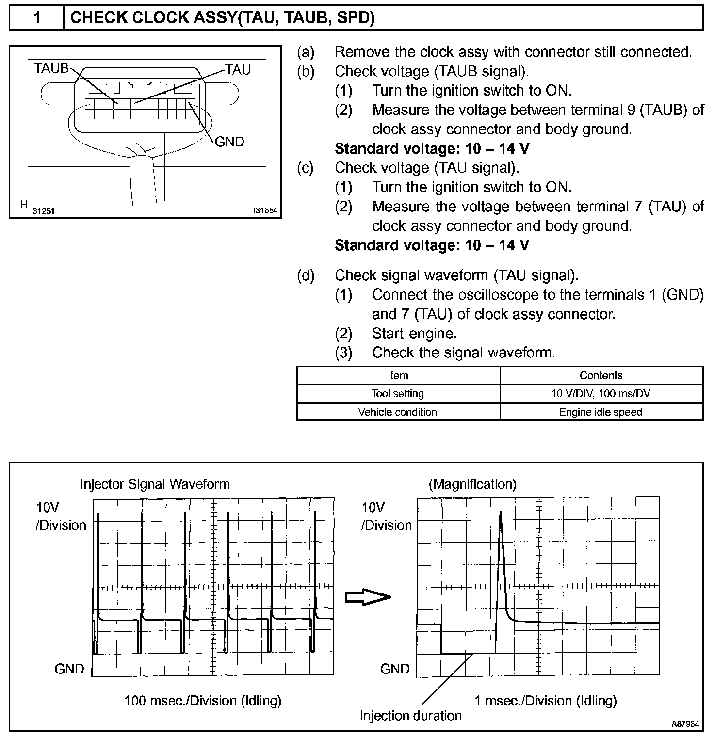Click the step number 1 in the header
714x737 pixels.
[37, 18]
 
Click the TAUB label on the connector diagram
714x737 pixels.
[51, 68]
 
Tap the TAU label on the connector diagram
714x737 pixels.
[238, 70]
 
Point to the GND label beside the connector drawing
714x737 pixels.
[229, 142]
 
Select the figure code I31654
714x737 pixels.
[265, 211]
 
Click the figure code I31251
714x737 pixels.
[42, 211]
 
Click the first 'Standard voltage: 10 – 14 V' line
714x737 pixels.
[432, 148]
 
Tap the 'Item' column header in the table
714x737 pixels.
[398, 376]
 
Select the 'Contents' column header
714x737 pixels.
[601, 376]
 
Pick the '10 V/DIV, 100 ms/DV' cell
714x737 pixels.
[600, 394]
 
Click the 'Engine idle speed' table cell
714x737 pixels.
[600, 412]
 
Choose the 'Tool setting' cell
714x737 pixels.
[398, 394]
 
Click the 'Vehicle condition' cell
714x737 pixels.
[398, 412]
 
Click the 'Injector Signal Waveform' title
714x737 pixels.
[155, 484]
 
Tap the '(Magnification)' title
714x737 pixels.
[472, 484]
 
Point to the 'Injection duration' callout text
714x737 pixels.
[410, 716]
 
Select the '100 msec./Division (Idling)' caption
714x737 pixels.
[203, 701]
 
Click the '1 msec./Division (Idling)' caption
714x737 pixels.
[545, 701]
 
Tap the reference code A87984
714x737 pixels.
[685, 724]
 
